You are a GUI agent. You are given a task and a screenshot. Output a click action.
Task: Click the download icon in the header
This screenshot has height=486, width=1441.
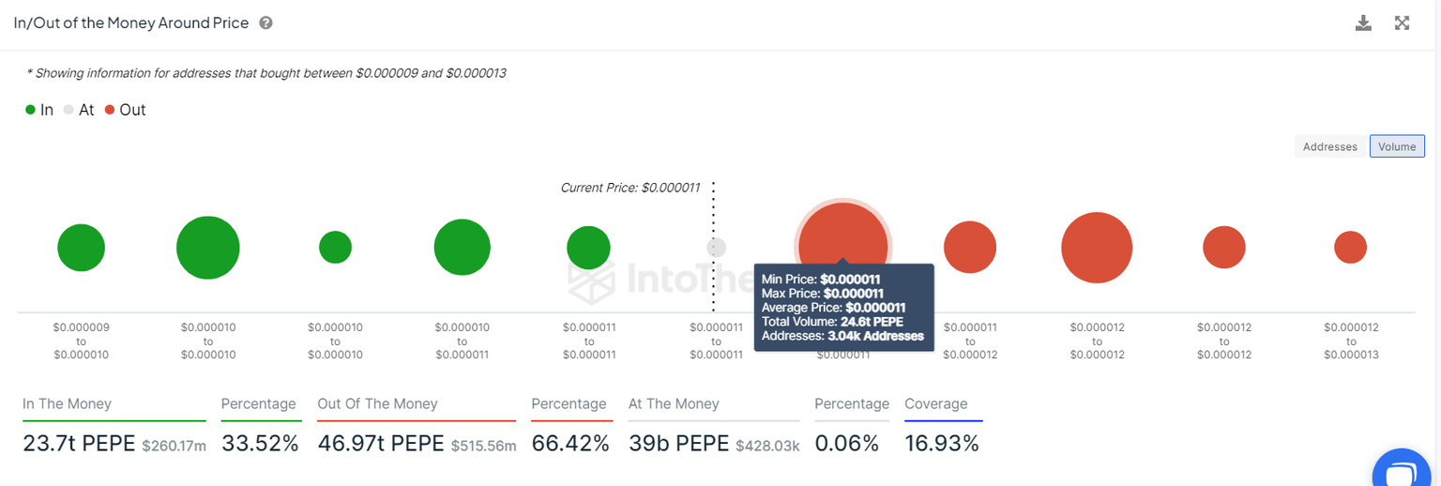1363,23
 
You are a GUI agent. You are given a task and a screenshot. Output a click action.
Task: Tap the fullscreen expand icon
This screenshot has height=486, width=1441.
1402,23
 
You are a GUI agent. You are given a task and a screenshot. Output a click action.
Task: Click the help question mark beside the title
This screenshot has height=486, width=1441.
265,23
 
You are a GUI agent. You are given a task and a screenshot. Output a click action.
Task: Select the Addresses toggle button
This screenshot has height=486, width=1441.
1330,146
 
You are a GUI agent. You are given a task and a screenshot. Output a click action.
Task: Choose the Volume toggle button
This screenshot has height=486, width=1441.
1397,146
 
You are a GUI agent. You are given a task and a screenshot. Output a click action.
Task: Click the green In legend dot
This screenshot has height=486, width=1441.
31,110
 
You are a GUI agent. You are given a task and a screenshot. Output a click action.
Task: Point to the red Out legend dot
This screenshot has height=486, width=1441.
110,110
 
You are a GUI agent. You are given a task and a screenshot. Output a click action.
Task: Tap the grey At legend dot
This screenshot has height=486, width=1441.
68,110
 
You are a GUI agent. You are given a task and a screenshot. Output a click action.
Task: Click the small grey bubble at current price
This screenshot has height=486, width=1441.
716,248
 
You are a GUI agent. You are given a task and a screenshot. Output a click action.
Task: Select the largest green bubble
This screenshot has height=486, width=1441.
208,248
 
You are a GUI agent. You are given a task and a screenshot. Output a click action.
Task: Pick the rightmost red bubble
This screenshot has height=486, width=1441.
1350,248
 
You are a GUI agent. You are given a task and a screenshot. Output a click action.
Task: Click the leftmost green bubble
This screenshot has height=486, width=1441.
82,248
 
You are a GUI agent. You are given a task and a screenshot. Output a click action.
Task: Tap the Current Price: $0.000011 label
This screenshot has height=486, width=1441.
629,188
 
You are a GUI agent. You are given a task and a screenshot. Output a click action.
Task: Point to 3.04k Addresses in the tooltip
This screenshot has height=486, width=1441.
875,336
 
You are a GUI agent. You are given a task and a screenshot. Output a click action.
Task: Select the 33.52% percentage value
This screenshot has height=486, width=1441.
260,444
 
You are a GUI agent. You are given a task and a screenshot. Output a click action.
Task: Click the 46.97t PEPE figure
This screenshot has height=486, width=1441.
381,444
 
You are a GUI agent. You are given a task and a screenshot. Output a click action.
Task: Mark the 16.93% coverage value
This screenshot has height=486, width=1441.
941,444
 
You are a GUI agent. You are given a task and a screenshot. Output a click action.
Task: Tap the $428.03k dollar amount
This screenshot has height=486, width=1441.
767,446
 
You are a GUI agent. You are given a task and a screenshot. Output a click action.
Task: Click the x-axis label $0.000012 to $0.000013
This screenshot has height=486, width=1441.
1350,341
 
